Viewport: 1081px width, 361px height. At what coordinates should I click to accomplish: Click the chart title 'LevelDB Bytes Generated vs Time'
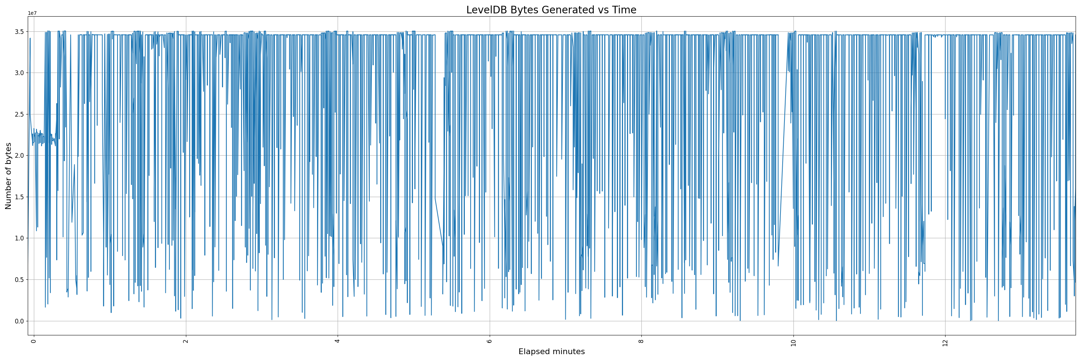click(x=551, y=10)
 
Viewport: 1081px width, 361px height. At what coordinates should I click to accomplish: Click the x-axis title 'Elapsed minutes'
click(x=551, y=352)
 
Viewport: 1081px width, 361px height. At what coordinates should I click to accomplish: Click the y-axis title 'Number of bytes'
click(x=8, y=176)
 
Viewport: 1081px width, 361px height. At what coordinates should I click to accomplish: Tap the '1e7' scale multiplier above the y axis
click(x=32, y=13)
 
